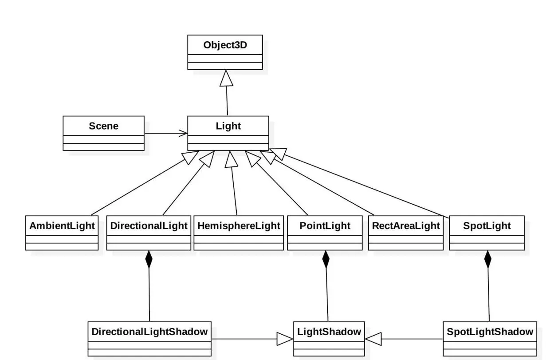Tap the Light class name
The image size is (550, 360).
[228, 126]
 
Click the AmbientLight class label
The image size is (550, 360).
[62, 225]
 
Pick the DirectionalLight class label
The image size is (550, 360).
[149, 225]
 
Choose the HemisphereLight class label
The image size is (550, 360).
[239, 225]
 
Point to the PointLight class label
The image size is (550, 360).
[325, 225]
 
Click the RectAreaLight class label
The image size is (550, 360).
[405, 225]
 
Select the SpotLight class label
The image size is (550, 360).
[487, 225]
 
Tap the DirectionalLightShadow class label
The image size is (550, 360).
[149, 331]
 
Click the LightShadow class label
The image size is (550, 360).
[329, 331]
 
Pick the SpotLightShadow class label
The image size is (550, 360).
[490, 331]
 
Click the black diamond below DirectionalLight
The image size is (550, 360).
[149, 259]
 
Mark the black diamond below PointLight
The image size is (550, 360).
[326, 259]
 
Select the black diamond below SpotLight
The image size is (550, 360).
[488, 259]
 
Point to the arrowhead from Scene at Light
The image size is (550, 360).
[183, 133]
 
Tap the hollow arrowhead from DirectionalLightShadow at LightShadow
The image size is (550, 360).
[285, 339]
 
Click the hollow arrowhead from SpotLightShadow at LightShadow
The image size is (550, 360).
[373, 339]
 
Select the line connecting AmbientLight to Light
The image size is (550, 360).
[142, 186]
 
